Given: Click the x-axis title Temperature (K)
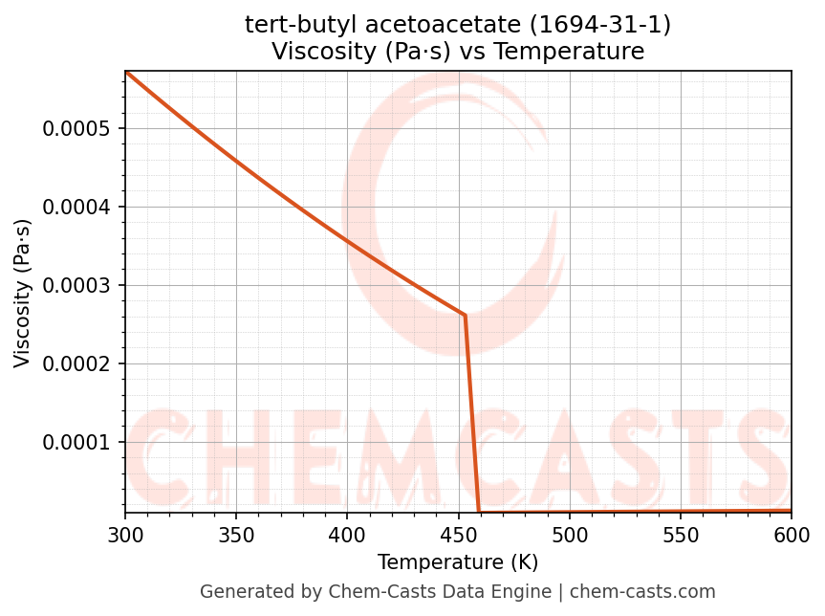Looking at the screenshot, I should tap(458, 562).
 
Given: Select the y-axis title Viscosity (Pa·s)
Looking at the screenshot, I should tap(23, 293).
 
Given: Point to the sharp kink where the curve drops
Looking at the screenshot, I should tap(465, 315).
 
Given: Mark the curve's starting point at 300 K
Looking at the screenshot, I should tap(125, 72).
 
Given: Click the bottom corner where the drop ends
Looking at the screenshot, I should tap(479, 512).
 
